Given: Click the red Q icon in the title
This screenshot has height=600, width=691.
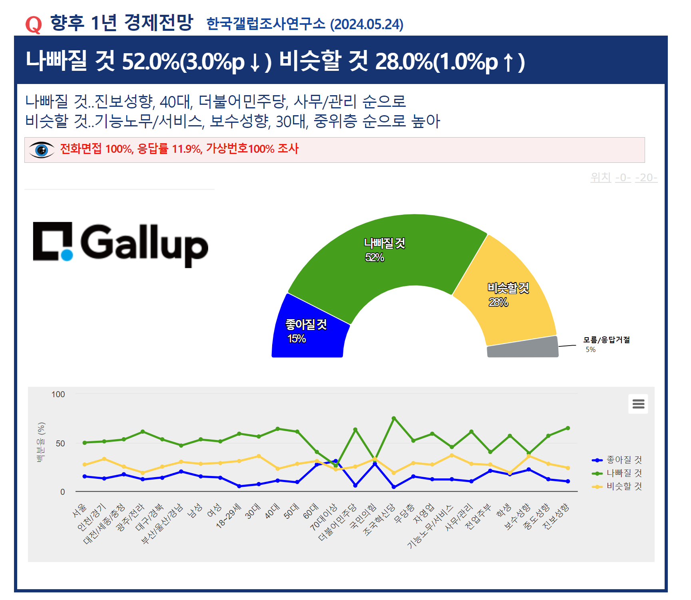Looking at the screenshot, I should click(34, 24).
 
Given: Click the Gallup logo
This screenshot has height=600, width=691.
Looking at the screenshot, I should click(120, 244).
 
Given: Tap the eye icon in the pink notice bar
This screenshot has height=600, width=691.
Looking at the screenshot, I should click(42, 150).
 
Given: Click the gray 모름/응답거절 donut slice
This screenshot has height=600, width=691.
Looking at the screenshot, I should click(523, 347).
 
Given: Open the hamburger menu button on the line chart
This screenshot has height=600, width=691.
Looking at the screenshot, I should click(638, 404).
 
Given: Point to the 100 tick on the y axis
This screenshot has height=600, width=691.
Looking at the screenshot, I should click(58, 394).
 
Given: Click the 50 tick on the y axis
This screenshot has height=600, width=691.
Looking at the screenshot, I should click(60, 443).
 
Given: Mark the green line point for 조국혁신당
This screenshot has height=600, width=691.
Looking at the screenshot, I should click(394, 418).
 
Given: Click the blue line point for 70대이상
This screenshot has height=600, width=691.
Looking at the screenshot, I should click(336, 461).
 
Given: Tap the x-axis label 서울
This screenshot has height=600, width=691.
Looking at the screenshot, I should click(80, 510).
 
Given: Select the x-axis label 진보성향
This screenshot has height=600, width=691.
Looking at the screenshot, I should click(556, 516).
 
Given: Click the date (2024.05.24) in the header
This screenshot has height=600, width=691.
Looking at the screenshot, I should click(366, 24).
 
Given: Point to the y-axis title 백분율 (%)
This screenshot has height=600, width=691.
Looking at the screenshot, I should click(41, 442).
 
